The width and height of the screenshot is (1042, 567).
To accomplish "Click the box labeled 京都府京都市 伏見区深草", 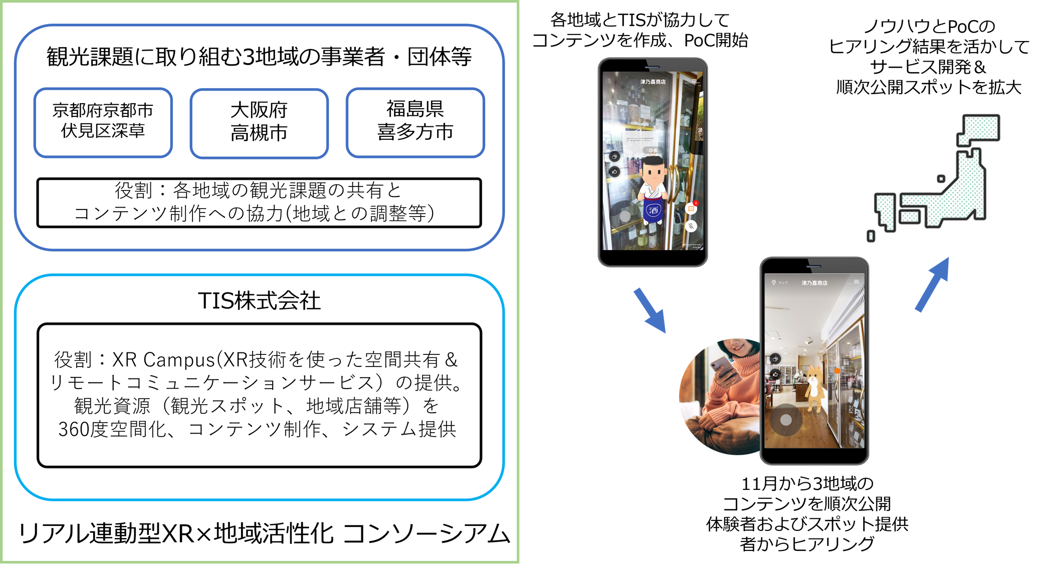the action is pos(103,122).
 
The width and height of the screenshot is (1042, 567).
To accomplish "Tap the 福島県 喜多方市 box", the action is pos(415,122).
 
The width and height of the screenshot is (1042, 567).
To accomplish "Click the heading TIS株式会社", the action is pos(259,301).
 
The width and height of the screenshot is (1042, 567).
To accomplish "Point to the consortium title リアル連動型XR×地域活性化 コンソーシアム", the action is pos(264,533).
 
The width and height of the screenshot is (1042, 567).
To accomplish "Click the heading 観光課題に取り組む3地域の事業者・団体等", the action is pos(259,57).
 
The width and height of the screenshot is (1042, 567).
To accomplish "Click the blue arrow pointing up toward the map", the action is pos(933,284).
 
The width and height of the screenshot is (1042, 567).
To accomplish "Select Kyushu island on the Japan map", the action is pos(885,211).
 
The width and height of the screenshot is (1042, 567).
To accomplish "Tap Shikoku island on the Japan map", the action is pos(910,217).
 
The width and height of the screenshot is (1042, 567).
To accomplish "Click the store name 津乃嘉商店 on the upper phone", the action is pos(653,82).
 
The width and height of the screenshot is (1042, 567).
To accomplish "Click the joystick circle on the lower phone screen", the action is pos(785,420).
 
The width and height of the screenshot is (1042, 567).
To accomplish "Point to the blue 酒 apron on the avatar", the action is pos(653,210).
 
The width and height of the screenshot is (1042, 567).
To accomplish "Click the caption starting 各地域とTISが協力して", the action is pos(640,30).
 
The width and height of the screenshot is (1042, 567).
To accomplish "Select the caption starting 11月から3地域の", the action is pos(807,513).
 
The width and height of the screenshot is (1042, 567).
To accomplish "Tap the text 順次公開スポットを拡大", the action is pos(928,87).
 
